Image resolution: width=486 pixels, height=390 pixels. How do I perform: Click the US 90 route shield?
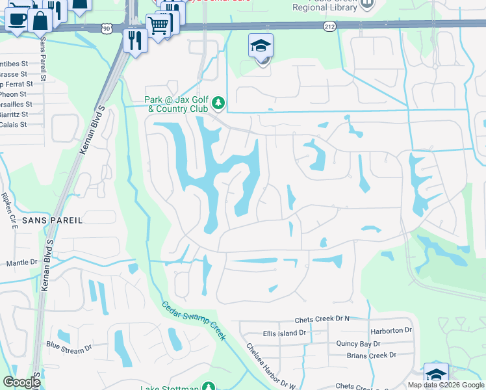click(x=108, y=28)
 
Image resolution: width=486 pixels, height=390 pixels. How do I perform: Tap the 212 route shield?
click(x=329, y=25)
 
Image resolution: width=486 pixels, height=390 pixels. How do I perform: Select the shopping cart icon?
click(x=158, y=26)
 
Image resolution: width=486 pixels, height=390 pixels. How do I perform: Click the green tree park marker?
click(x=219, y=103)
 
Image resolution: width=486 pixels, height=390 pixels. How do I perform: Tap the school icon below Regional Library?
click(x=261, y=46)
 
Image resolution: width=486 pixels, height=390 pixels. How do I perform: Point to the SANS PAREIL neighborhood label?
click(x=52, y=220)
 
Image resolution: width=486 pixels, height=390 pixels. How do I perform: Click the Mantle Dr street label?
click(x=22, y=262)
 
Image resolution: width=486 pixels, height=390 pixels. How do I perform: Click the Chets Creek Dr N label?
click(x=322, y=318)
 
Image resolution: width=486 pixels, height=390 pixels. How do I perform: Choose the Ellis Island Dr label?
click(x=284, y=333)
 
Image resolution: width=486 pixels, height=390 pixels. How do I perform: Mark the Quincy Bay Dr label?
click(x=358, y=343)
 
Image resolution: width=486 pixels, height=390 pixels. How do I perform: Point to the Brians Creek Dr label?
click(x=372, y=355)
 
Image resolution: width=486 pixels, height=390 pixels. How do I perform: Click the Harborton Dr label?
click(x=392, y=330)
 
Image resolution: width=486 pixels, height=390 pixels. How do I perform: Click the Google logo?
click(x=22, y=382)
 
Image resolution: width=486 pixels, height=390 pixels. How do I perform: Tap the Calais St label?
click(x=13, y=124)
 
